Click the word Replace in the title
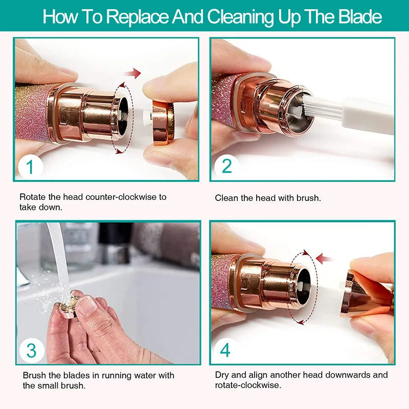[137, 17]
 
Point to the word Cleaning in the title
[241, 17]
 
